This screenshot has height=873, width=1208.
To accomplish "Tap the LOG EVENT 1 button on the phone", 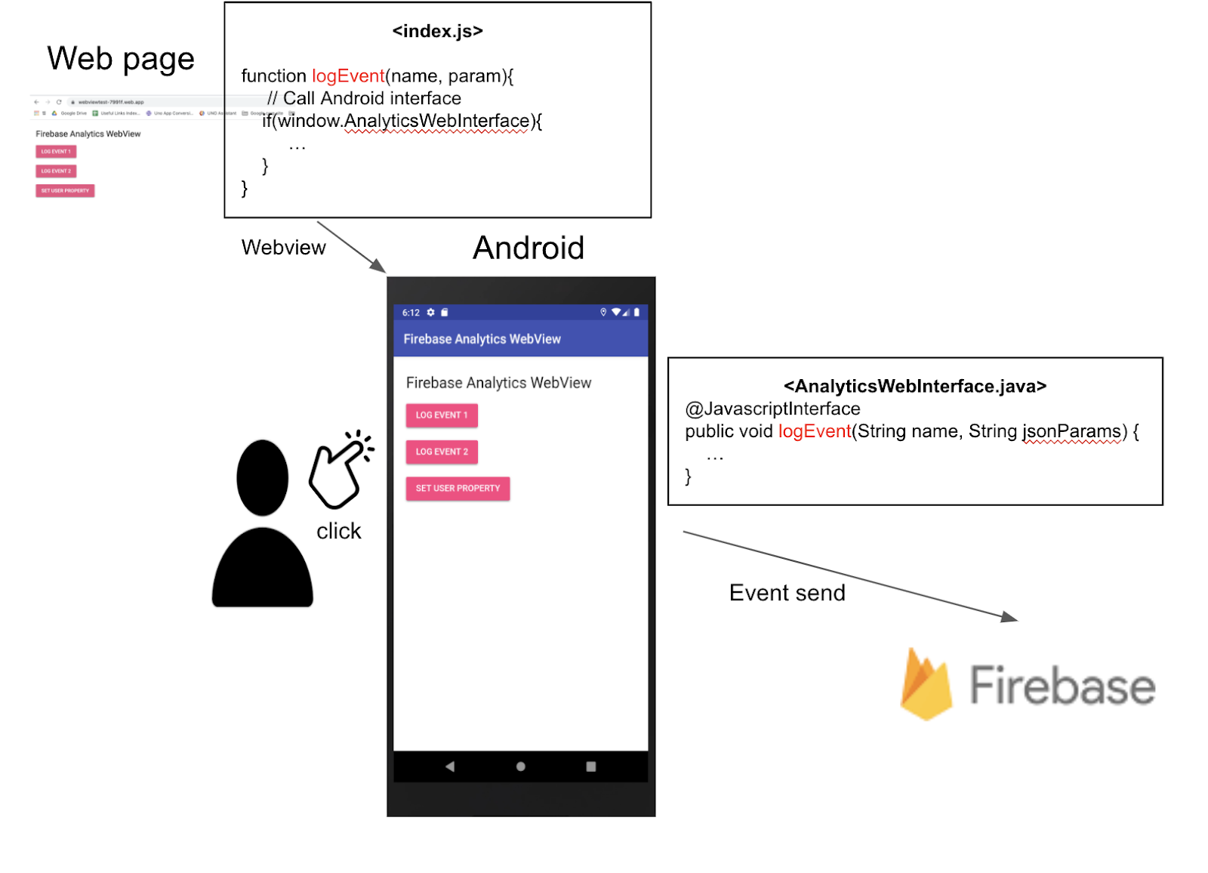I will pyautogui.click(x=442, y=415).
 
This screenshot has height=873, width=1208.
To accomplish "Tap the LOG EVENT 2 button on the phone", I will pyautogui.click(x=442, y=452).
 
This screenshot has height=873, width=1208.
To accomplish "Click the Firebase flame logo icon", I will pyautogui.click(x=926, y=685).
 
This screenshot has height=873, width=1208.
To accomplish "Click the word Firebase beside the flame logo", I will pyautogui.click(x=1062, y=685).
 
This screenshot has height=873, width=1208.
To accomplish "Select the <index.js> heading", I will pyautogui.click(x=437, y=31).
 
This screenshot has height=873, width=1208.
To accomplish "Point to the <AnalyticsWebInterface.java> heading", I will pyautogui.click(x=915, y=386).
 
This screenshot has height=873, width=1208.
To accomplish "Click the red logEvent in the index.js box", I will pyautogui.click(x=348, y=76).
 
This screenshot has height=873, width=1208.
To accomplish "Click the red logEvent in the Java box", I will pyautogui.click(x=815, y=431).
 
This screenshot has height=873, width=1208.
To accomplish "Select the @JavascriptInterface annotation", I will pyautogui.click(x=772, y=409).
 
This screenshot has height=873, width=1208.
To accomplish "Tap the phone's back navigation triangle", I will pyautogui.click(x=450, y=767).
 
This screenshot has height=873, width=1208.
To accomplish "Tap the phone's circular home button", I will pyautogui.click(x=520, y=767).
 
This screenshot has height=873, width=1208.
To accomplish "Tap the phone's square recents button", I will pyautogui.click(x=591, y=767).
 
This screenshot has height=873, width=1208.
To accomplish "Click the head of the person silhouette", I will pyautogui.click(x=262, y=477).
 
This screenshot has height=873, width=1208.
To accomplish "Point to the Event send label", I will pyautogui.click(x=787, y=593).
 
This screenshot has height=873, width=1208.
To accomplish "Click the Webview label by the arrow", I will pyautogui.click(x=283, y=248).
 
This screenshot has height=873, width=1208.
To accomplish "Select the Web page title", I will pyautogui.click(x=121, y=59).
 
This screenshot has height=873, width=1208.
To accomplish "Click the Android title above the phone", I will pyautogui.click(x=528, y=248).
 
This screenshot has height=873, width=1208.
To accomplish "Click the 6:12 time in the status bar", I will pyautogui.click(x=411, y=313).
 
